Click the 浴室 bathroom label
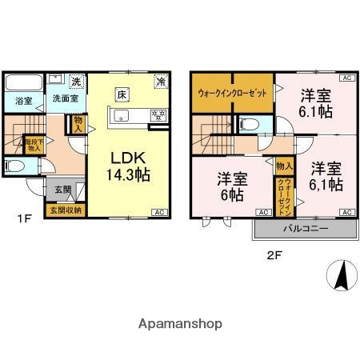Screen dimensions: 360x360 pos(23,102)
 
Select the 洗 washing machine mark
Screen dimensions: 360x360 pos(76,82)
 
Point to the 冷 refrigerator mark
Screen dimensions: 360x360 pos(160,82)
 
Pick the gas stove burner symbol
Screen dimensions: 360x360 pos(158,115)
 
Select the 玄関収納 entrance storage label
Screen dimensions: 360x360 pos(66,210)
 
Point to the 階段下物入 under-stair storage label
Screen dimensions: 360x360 pos(34,145)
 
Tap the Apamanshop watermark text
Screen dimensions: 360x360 pos(179,324)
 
